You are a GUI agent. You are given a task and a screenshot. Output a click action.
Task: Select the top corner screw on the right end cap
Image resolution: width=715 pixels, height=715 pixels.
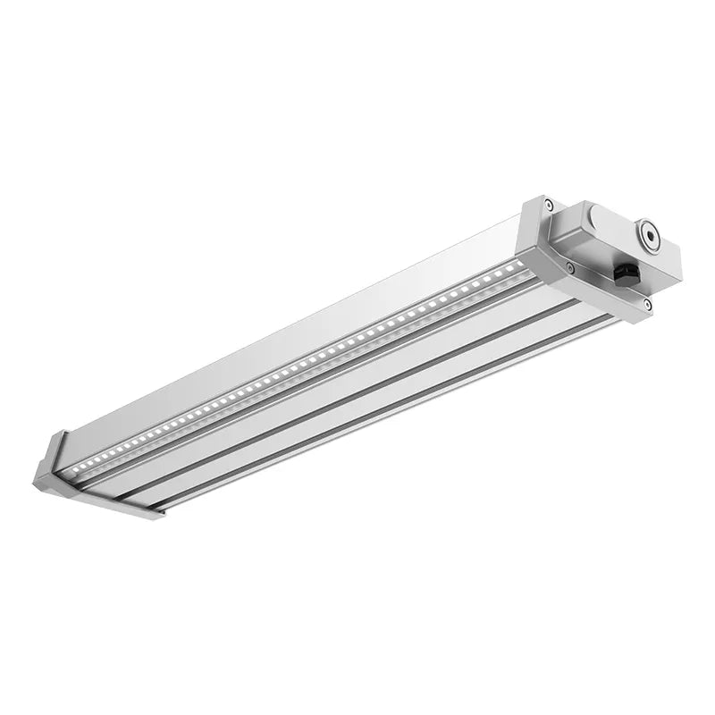(549, 206)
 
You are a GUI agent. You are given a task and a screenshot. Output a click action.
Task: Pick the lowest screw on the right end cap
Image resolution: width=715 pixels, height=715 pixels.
(646, 306)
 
